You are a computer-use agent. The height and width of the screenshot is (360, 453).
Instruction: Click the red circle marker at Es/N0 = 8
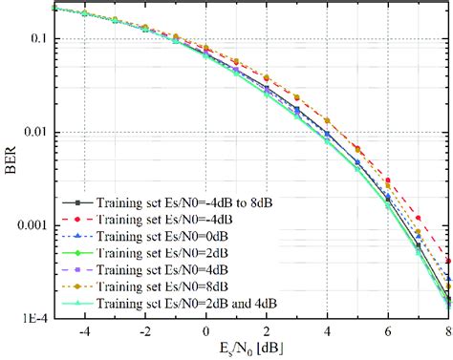pos(448,260)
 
